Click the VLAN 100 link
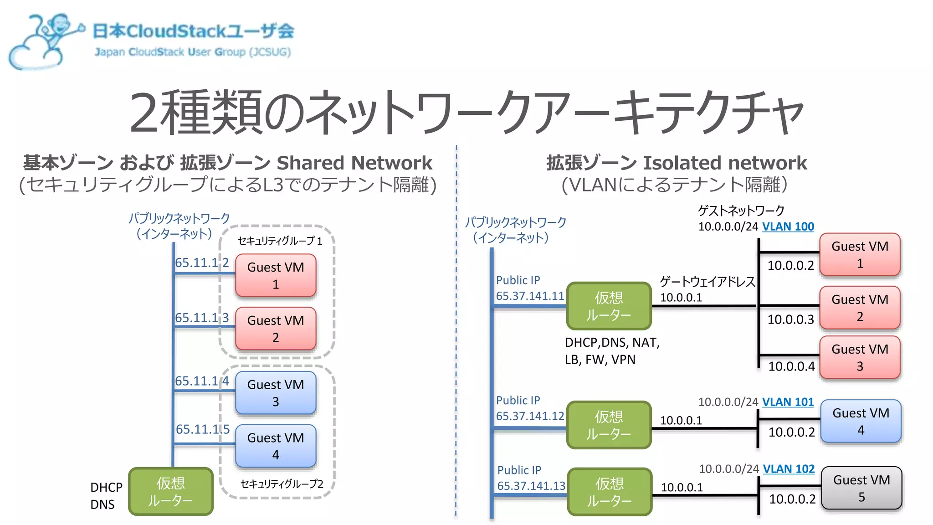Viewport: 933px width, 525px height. (x=788, y=226)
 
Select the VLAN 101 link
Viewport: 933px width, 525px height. (x=788, y=402)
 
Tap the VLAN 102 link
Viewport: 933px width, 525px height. (x=789, y=469)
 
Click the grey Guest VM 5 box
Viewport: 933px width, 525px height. (x=861, y=488)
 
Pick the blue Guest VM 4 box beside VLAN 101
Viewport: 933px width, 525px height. (x=861, y=421)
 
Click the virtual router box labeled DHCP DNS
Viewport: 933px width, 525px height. (x=171, y=491)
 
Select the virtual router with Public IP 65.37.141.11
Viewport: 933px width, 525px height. (x=609, y=306)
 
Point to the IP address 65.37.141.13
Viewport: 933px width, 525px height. (x=531, y=486)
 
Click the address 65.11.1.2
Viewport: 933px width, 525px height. (x=202, y=262)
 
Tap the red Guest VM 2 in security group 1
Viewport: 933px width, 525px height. (x=276, y=329)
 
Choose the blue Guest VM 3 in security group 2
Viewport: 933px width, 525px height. (x=276, y=393)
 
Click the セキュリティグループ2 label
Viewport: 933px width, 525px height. (x=282, y=484)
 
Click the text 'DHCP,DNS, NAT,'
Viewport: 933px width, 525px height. (x=612, y=342)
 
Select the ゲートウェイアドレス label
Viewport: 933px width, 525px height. (x=707, y=282)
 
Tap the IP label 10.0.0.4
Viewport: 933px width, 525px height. (x=791, y=366)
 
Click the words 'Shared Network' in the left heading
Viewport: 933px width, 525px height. (x=354, y=163)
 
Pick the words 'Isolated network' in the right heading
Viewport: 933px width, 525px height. (x=724, y=163)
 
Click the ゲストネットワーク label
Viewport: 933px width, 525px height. (x=741, y=211)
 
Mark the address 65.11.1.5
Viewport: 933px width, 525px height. (x=203, y=429)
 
